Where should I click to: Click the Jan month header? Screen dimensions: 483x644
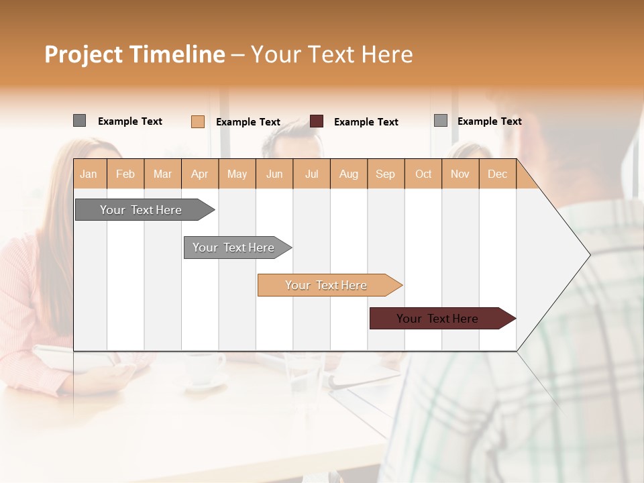[x=89, y=174]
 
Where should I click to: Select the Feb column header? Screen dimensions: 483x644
[x=125, y=174]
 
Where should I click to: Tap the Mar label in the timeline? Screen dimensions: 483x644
[x=162, y=174]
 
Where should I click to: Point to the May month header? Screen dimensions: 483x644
[x=237, y=174]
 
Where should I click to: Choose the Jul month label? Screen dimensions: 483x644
[x=311, y=174]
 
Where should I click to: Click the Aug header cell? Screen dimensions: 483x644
[x=348, y=174]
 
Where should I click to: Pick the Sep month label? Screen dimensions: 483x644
[x=385, y=174]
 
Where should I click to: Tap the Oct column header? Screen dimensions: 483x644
[x=423, y=174]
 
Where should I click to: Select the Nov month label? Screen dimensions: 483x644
[x=460, y=174]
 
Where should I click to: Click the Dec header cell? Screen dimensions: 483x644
[x=497, y=174]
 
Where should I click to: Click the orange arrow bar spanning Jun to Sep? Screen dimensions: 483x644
[x=326, y=285]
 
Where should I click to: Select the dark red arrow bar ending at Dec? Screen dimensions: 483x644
[x=437, y=319]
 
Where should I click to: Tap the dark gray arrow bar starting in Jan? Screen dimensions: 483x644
[x=141, y=210]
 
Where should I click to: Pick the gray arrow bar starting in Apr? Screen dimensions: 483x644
[x=233, y=248]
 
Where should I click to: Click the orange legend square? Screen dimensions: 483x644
[x=197, y=121]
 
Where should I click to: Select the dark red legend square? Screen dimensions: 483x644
[x=317, y=121]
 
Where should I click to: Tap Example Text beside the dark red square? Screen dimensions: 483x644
[x=366, y=122]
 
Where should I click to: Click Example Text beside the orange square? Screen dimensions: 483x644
[x=248, y=122]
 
